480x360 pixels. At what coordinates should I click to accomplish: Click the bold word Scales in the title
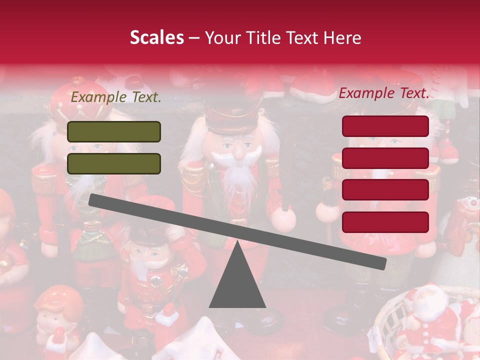157,37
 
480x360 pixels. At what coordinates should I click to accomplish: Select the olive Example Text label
116,97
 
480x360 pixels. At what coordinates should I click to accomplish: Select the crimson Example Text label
384,93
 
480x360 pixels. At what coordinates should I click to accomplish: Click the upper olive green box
114,131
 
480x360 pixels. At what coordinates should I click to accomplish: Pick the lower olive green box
114,163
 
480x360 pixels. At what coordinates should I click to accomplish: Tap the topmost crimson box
385,126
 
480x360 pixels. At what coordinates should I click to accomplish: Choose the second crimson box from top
385,158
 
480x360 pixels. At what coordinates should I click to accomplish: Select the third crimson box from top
385,190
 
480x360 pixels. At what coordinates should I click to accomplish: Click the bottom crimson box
385,222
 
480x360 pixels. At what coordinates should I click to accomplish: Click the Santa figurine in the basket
430,320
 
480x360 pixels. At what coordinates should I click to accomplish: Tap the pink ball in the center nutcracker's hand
283,219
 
